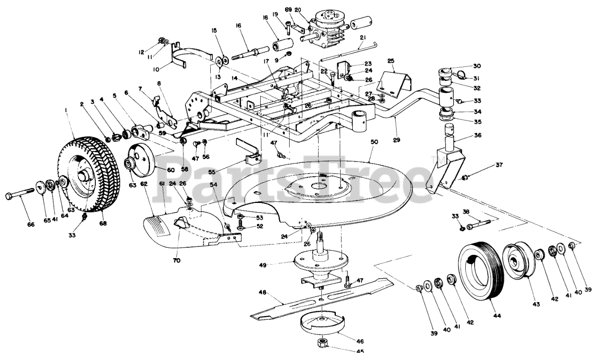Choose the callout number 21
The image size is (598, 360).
363,37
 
